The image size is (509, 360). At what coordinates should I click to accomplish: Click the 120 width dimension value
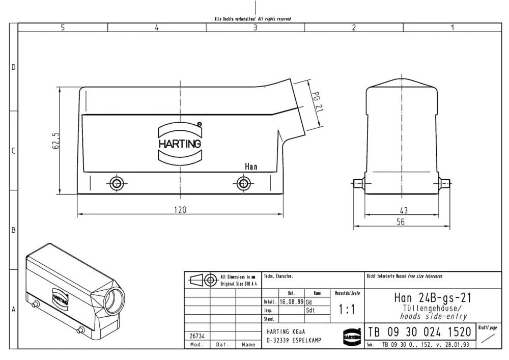click(180, 209)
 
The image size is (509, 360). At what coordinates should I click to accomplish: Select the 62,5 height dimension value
click(55, 141)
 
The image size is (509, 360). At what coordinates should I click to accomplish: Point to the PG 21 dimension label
click(316, 101)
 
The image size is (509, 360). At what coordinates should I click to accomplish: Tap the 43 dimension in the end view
click(404, 209)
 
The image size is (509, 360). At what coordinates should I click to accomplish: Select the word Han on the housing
click(251, 167)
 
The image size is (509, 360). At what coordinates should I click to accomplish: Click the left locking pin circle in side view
click(117, 183)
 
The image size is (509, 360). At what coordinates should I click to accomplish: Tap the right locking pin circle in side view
click(243, 183)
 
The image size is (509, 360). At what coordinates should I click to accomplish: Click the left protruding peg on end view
click(358, 183)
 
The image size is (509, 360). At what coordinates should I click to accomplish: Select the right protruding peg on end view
click(446, 183)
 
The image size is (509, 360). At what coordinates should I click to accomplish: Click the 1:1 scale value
click(347, 309)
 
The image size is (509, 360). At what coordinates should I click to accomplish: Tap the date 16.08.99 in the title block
click(291, 301)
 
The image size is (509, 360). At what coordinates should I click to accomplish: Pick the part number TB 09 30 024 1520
click(420, 333)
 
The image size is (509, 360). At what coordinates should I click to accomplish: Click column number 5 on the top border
click(63, 27)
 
